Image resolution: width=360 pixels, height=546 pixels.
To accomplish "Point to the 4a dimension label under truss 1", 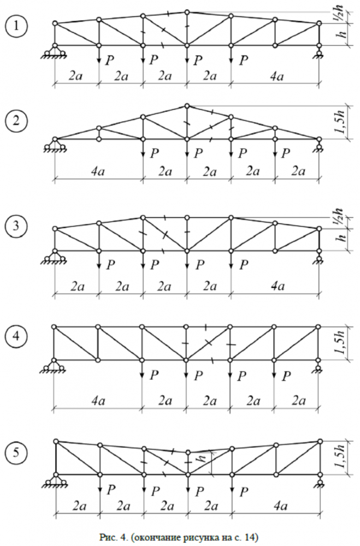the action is [278, 77].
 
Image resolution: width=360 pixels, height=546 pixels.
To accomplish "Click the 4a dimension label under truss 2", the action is [98, 173].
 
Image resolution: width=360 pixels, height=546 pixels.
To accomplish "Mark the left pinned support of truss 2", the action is [55, 145].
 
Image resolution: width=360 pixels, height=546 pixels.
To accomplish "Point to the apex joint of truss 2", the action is [187, 106].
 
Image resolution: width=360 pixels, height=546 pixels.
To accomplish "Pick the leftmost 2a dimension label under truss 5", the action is [76, 507].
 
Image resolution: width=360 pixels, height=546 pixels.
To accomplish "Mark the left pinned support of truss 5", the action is [55, 480].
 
